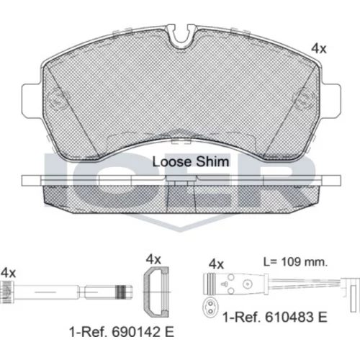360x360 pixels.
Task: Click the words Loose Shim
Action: [x=191, y=162]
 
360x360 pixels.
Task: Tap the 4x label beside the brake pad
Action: [x=319, y=49]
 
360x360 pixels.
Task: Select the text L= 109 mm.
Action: [x=295, y=262]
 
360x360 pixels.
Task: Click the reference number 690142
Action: [x=135, y=332]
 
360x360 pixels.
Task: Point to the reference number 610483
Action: [x=289, y=317]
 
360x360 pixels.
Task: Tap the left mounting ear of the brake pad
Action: [x=31, y=101]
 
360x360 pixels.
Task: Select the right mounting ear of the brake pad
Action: [x=330, y=101]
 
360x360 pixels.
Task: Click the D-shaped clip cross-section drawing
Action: [x=156, y=292]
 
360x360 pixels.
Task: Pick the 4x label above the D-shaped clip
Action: [x=153, y=259]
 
